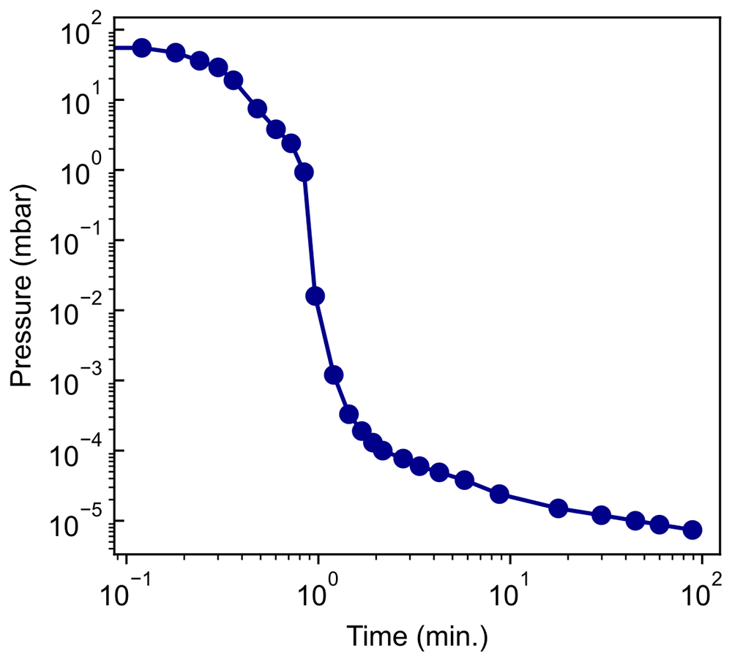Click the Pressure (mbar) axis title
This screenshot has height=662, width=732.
coord(21,285)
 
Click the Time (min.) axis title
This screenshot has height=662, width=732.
coord(417,636)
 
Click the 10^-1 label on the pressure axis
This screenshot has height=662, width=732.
coord(75,240)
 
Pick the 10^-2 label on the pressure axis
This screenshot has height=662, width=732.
coord(75,309)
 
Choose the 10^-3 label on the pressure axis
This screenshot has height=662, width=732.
coord(75,380)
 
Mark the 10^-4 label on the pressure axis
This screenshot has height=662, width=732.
coord(75,451)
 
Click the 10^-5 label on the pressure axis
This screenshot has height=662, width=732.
coord(75,521)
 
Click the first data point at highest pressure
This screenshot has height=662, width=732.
coord(142,48)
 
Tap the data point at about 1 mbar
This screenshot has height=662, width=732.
coord(304,172)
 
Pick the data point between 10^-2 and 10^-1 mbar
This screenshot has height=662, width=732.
coord(315,296)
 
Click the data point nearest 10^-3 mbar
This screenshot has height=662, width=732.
coord(334,375)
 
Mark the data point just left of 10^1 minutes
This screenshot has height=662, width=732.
coord(499,494)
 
